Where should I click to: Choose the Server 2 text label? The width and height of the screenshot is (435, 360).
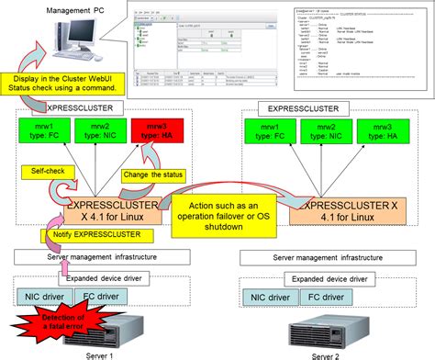[328, 354]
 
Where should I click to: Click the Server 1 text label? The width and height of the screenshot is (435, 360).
[106, 354]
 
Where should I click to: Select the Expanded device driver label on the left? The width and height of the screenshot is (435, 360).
[97, 276]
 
